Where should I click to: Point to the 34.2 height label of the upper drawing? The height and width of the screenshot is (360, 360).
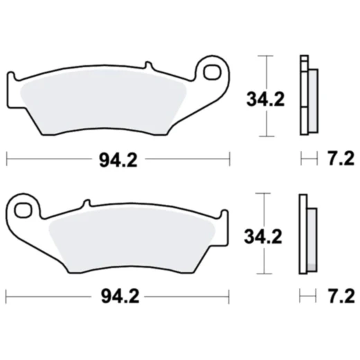click(x=264, y=99)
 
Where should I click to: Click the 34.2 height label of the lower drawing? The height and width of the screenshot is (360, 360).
click(x=264, y=236)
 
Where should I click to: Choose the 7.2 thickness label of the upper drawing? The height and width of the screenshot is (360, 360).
click(x=339, y=160)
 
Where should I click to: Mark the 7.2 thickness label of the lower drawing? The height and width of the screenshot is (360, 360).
click(x=339, y=297)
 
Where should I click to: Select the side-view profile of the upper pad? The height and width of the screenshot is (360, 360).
click(x=307, y=94)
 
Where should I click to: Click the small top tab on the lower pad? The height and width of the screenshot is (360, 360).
click(x=86, y=203)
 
